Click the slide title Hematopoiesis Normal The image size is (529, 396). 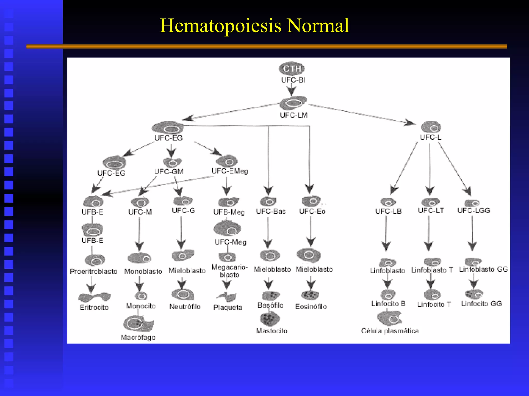[254, 26]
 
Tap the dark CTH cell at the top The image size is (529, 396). [292, 69]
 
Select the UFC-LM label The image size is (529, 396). [294, 115]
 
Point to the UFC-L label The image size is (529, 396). [431, 137]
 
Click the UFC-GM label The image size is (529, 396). [169, 172]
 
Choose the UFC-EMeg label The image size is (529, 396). [230, 171]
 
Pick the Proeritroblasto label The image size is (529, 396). [94, 271]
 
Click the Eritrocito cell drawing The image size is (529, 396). [95, 297]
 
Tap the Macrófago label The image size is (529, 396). [138, 337]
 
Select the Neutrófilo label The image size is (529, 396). [185, 307]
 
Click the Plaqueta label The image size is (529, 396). [228, 307]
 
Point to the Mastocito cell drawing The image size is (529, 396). [270, 319]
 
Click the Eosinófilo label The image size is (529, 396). [311, 307]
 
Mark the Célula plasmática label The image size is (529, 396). [390, 331]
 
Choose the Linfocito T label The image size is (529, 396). [434, 304]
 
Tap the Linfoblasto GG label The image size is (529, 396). [483, 269]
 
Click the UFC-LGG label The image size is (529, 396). [474, 211]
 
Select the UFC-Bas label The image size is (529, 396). [271, 211]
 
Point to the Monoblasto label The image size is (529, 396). [143, 271]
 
